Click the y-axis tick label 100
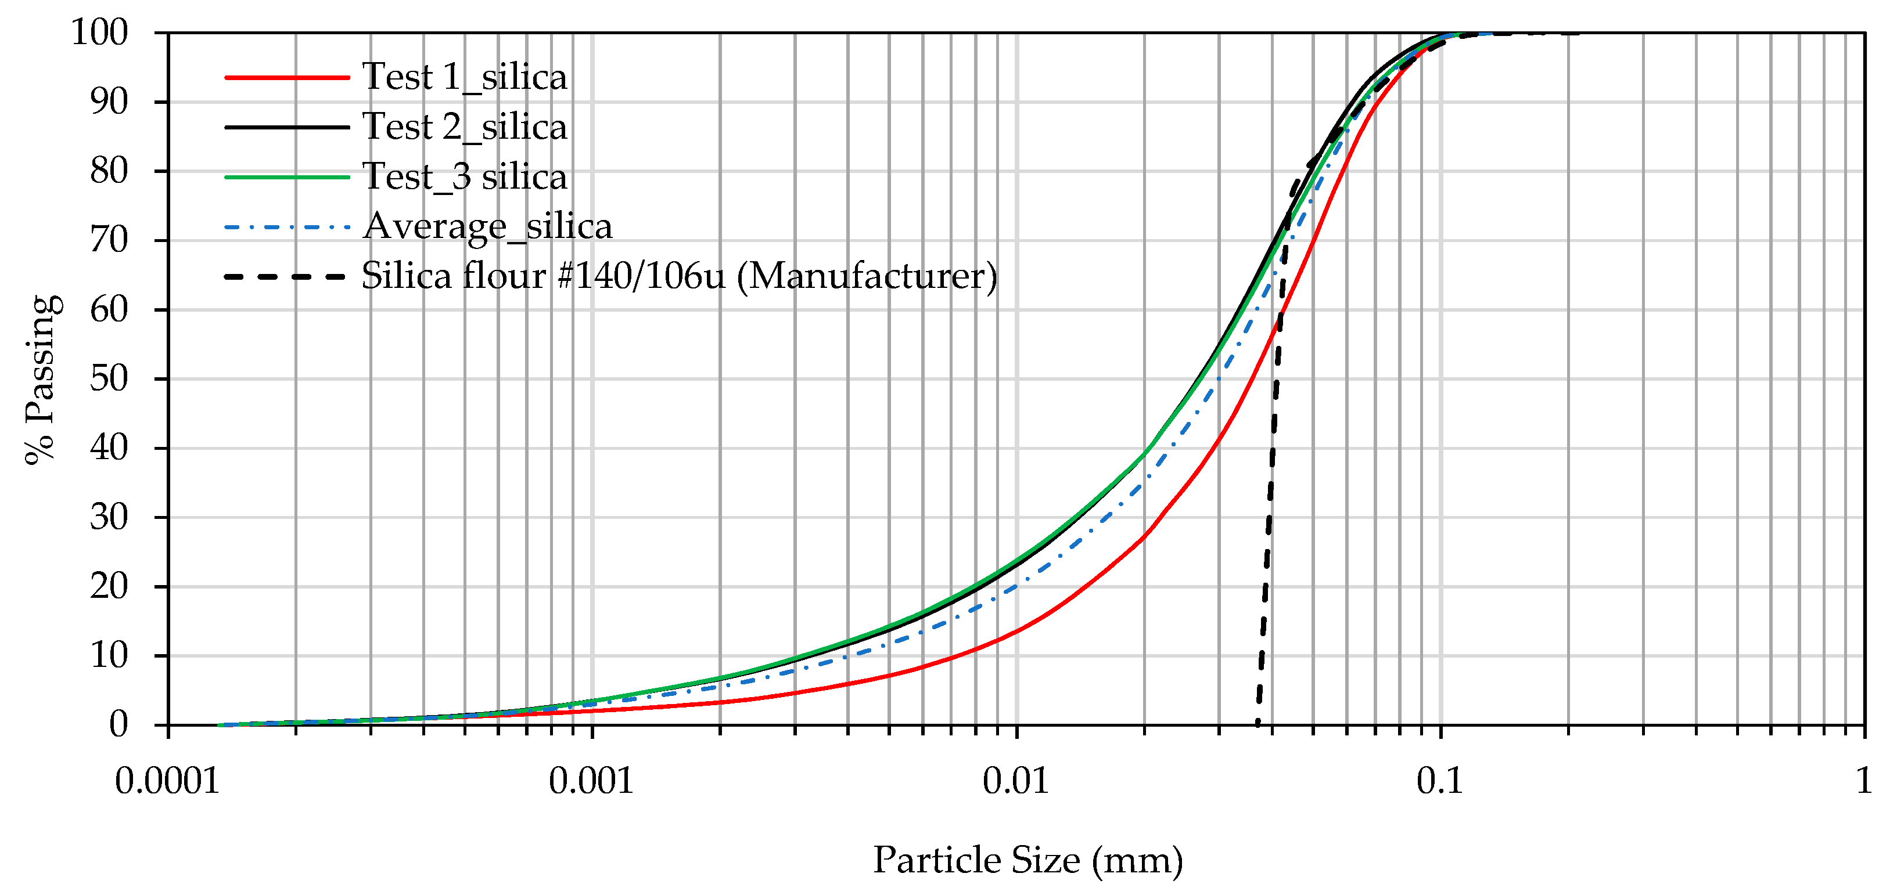tap(99, 33)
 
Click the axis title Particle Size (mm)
tap(1028, 860)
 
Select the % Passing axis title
tap(41, 379)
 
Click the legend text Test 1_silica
tap(465, 77)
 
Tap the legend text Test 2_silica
tap(465, 127)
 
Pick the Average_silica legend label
tap(487, 227)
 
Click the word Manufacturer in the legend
tap(866, 277)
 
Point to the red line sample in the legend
tap(286, 77)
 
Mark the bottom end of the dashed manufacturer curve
tap(1258, 722)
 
